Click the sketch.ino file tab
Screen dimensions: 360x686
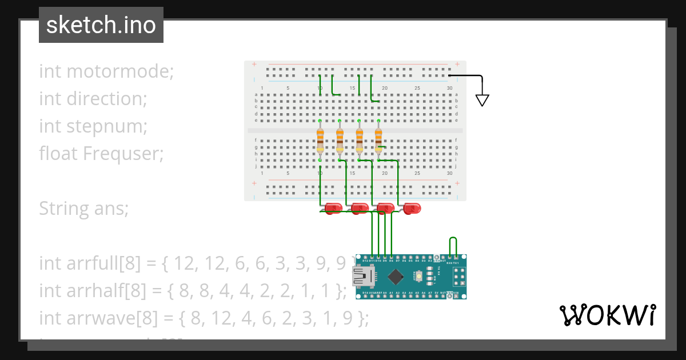(101, 25)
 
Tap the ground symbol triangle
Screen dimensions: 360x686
(482, 100)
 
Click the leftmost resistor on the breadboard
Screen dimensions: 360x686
(320, 141)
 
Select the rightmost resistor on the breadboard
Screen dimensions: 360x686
(378, 141)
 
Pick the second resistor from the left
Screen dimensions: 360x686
(340, 141)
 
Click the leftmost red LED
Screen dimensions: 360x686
(333, 209)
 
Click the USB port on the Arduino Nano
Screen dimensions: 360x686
(361, 277)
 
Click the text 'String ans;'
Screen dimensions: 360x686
(83, 209)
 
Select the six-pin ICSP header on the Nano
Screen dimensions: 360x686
(458, 277)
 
